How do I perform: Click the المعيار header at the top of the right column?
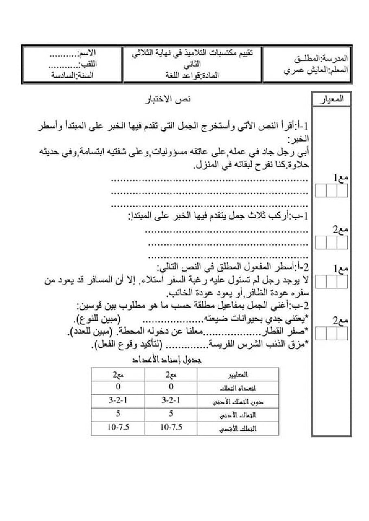pos(332,99)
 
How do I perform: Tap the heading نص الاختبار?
pos(168,100)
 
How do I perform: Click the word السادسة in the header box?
pos(63,75)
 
